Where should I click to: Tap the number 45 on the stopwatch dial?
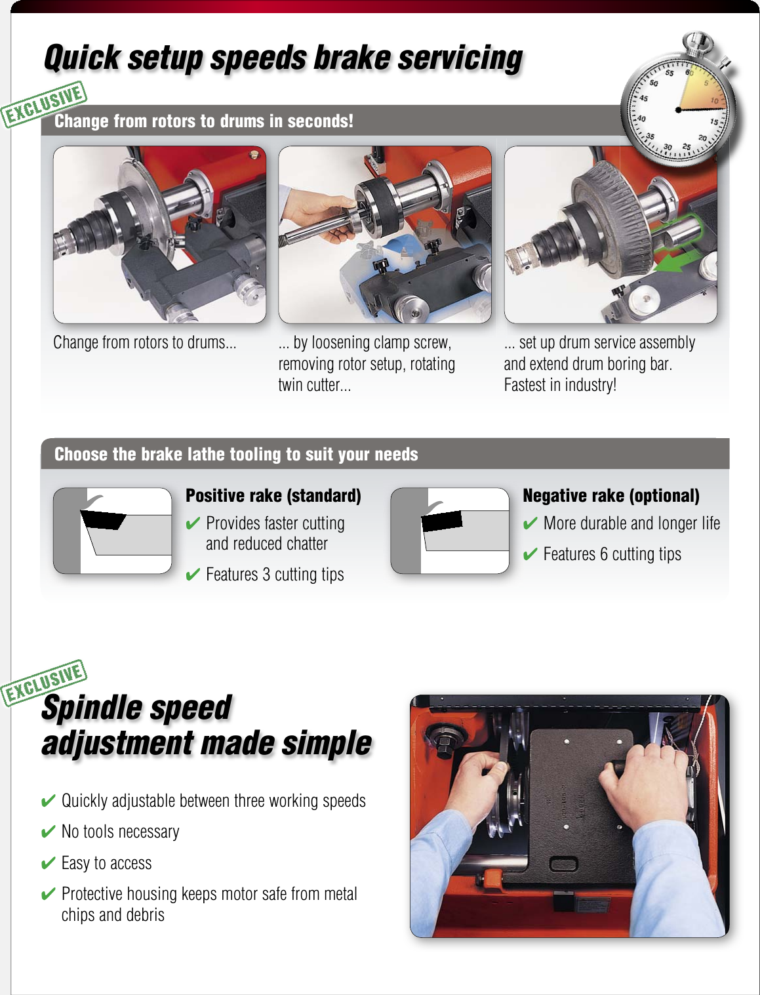point(643,98)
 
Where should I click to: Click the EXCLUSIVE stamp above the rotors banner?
point(45,104)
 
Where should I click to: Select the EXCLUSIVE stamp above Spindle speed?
point(45,681)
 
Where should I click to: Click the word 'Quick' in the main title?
point(82,58)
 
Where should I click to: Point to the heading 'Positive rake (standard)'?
point(273,495)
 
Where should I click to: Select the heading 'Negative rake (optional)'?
point(610,495)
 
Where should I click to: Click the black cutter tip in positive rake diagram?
point(103,520)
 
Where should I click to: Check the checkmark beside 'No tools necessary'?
point(48,832)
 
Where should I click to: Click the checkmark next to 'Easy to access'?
point(48,863)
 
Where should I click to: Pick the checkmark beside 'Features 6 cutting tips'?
point(530,555)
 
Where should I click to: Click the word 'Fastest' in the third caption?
point(527,385)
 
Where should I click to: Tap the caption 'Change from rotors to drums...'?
point(144,342)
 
